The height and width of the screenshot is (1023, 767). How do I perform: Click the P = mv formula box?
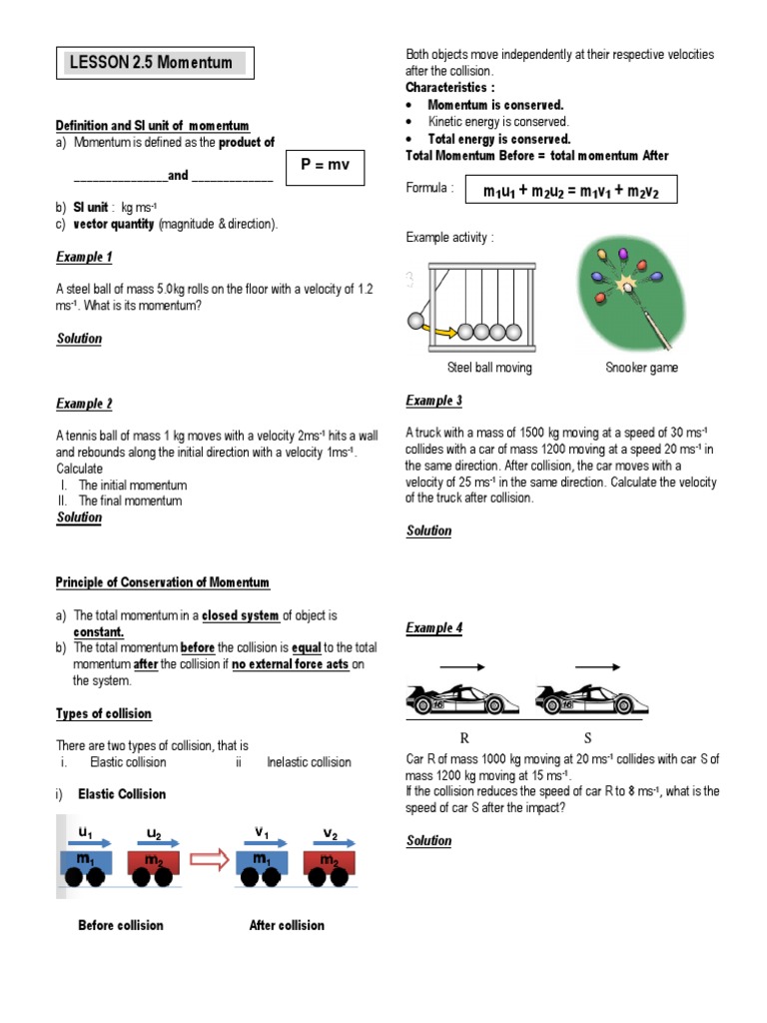pos(326,166)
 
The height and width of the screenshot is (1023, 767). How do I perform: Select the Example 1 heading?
pos(84,257)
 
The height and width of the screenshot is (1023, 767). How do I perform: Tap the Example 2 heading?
pos(84,404)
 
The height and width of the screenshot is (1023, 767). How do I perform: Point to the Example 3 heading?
pos(433,401)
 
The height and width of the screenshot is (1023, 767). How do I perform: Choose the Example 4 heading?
pos(433,627)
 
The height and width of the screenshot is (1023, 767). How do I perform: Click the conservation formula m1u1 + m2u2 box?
pos(565,190)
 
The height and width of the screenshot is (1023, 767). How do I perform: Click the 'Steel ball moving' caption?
pos(489,368)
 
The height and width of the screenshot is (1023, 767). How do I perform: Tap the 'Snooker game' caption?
pos(641,368)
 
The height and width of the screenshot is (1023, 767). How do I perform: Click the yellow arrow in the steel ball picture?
pos(444,330)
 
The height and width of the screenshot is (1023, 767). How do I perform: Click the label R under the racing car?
pos(463,738)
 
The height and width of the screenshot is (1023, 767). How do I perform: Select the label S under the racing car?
pos(587,738)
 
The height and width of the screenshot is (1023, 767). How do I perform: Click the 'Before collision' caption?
pos(121,925)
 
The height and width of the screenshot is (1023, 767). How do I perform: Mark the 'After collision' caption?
pos(287,925)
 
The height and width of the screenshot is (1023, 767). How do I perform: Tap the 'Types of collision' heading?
pos(104,713)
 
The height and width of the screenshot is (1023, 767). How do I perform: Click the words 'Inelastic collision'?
pos(309,761)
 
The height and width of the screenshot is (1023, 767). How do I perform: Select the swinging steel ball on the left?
pos(414,322)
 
